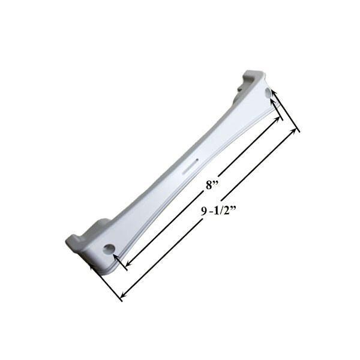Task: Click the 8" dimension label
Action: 212,185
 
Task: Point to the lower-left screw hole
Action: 109,249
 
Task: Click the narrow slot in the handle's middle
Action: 189,166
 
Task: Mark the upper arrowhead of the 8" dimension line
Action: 277,119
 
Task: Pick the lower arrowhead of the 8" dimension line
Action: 129,263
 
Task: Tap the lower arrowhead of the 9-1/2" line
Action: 124,293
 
